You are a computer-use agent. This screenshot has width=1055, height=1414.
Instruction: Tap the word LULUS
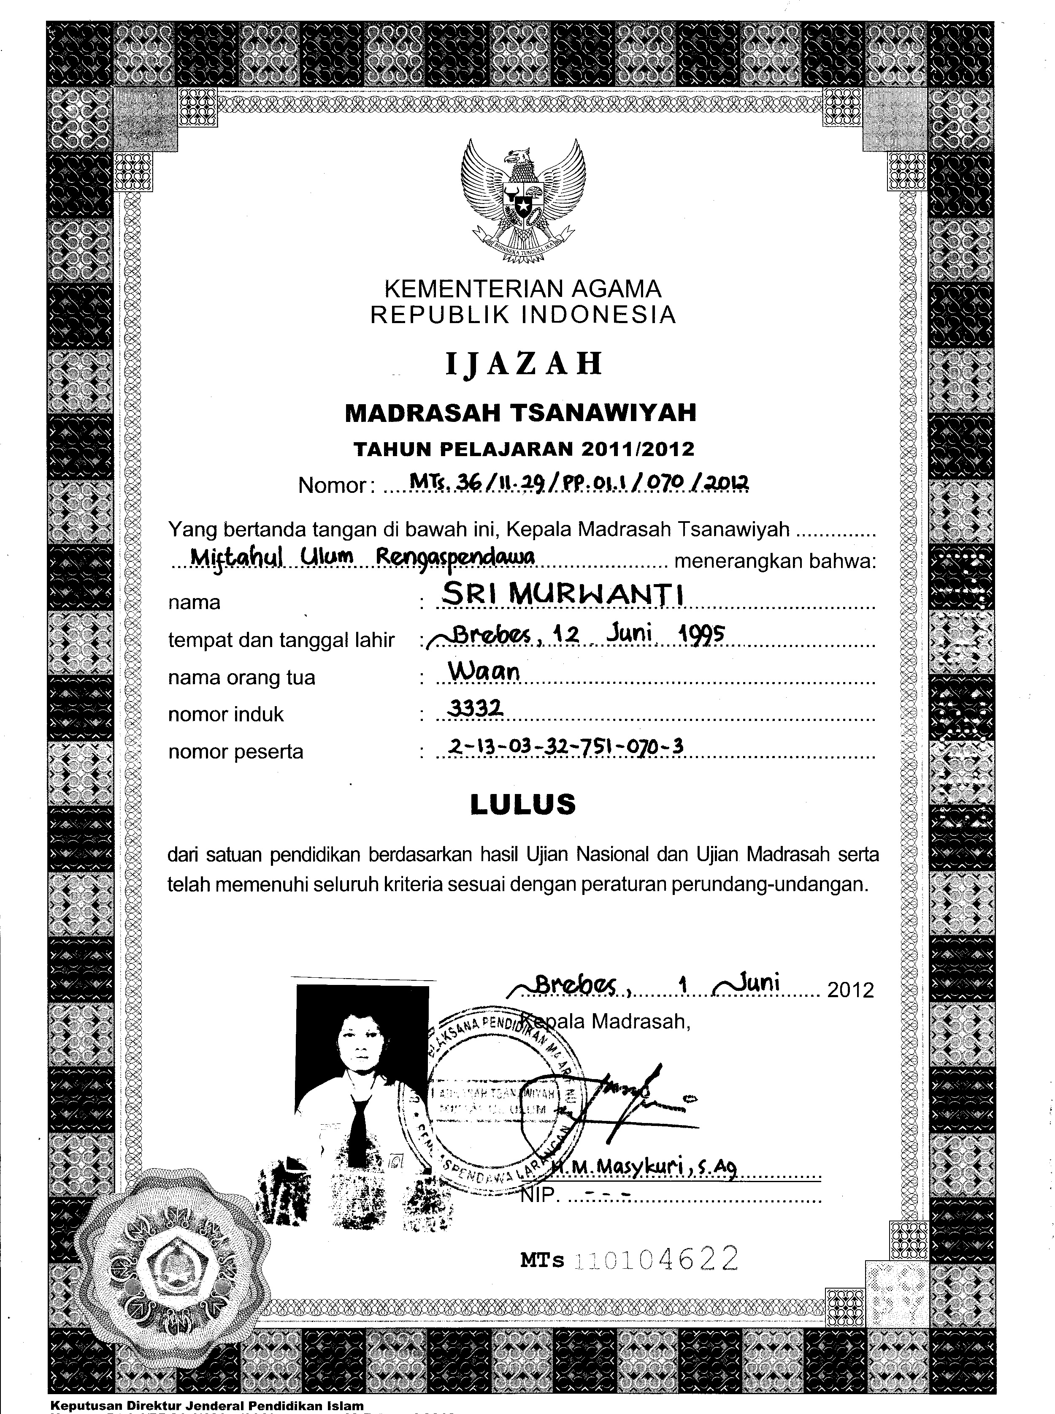point(522,805)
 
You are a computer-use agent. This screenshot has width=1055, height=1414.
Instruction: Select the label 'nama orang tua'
point(241,677)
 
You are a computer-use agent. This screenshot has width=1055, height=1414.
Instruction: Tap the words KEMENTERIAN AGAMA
point(522,289)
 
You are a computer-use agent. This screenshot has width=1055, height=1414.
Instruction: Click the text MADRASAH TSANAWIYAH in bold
point(520,413)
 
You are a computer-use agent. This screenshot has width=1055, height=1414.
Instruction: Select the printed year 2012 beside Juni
point(850,990)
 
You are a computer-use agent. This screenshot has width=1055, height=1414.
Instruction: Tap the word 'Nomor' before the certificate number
point(331,486)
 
